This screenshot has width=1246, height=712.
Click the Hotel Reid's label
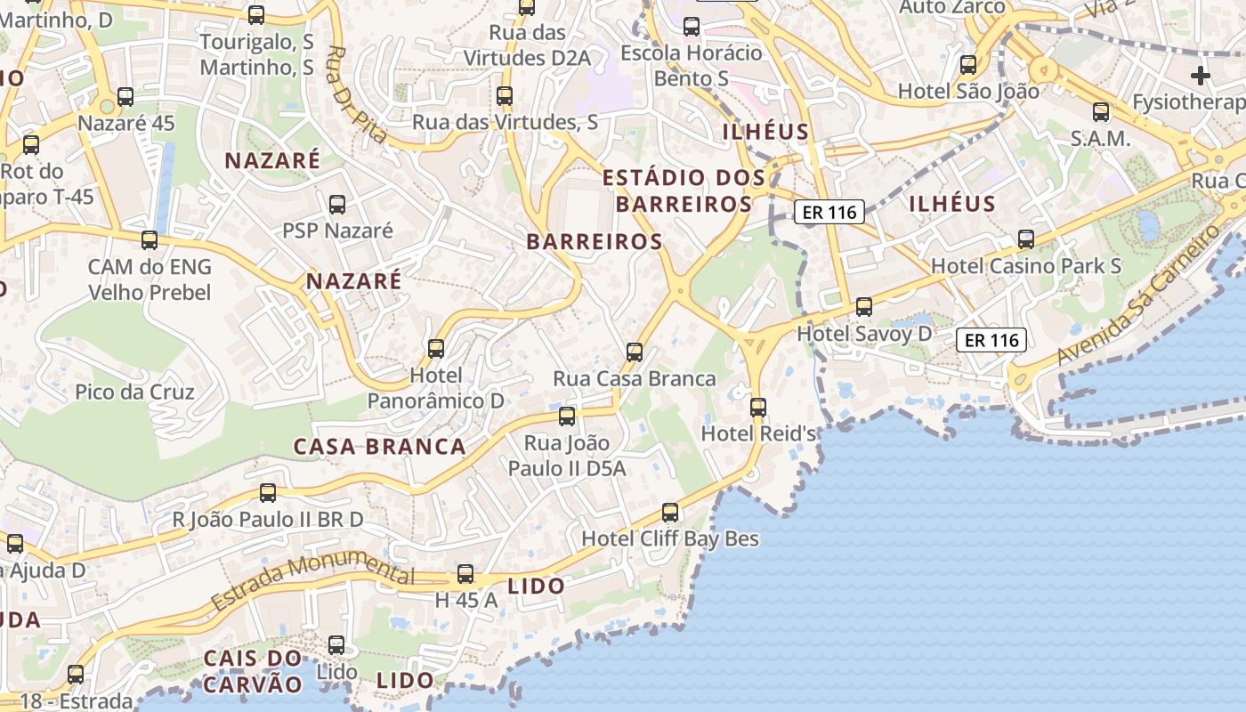click(759, 433)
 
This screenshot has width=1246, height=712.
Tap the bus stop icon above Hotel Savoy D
click(864, 307)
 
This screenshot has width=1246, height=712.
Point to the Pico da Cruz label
click(134, 392)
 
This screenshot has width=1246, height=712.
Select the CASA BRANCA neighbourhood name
click(380, 447)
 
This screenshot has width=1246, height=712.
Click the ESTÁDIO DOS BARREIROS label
click(684, 190)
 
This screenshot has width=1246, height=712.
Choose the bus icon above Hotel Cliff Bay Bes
click(670, 513)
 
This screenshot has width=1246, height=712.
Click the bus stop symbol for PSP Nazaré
click(337, 205)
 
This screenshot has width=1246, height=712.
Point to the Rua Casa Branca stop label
click(635, 378)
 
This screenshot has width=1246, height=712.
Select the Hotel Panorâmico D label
click(436, 388)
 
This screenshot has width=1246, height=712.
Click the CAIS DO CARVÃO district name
click(254, 671)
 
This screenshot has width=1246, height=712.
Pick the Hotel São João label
click(968, 91)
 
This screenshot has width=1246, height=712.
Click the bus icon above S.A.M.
click(1101, 112)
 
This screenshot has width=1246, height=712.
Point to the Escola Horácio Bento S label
click(692, 65)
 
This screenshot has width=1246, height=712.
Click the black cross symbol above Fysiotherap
click(1201, 76)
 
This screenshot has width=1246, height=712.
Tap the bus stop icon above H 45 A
click(465, 574)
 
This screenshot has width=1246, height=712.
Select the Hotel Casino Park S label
click(1026, 265)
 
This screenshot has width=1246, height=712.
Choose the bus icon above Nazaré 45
click(125, 97)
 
